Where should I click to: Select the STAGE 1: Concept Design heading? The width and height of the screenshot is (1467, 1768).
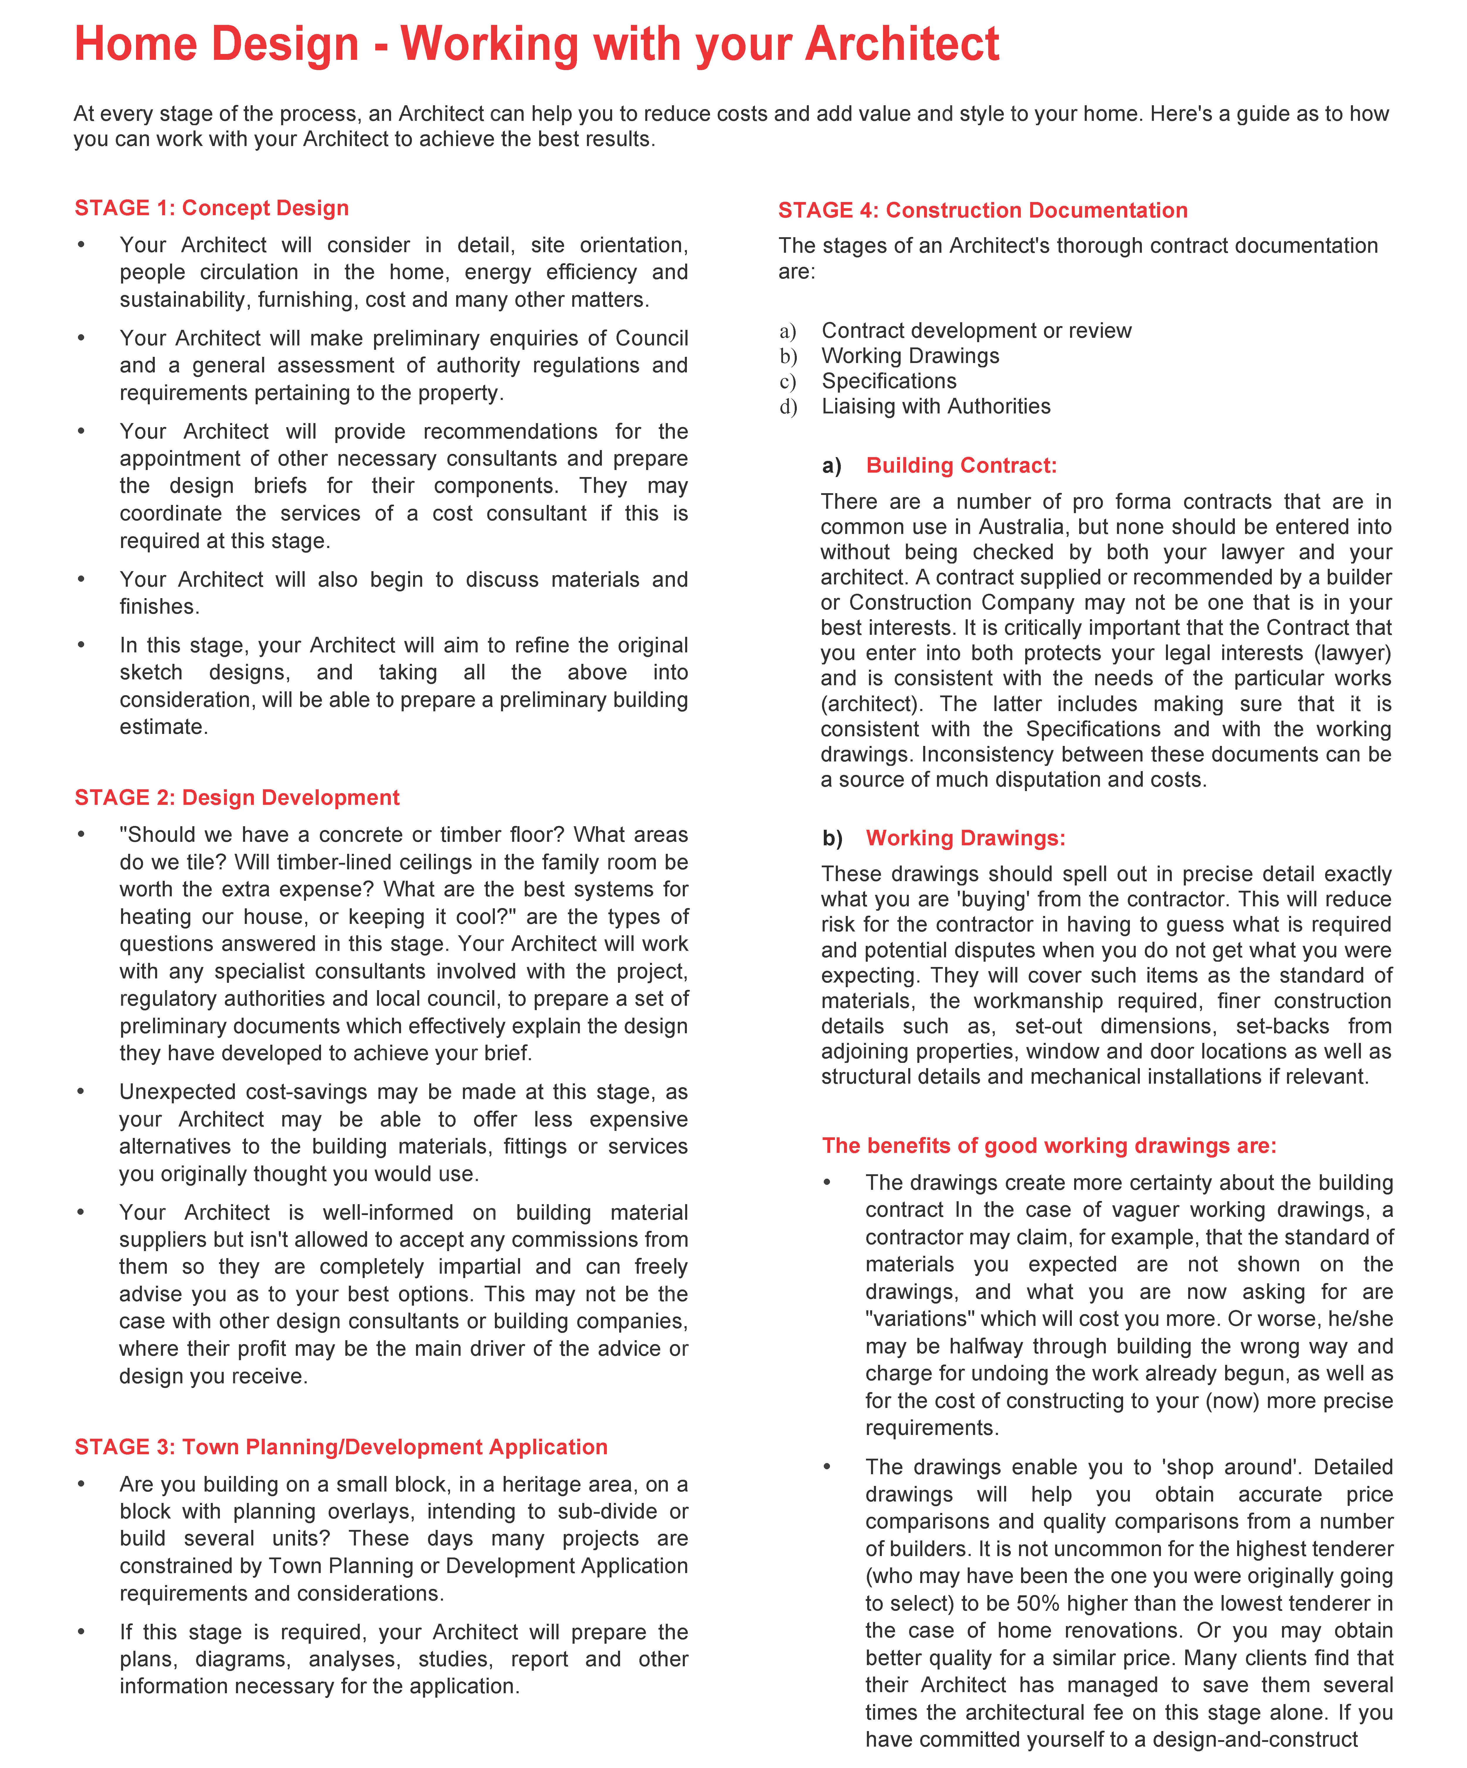point(211,208)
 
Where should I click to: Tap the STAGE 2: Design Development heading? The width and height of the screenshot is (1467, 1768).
point(237,797)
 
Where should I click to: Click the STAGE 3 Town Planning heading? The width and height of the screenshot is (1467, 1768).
point(341,1446)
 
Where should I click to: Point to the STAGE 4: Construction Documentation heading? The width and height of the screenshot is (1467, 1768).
point(982,211)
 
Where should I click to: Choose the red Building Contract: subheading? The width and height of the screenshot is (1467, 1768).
point(961,466)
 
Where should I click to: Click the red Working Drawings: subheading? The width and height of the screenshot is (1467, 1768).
point(965,838)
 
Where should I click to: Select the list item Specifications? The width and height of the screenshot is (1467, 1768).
point(889,381)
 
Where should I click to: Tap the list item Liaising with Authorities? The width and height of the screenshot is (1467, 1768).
point(936,407)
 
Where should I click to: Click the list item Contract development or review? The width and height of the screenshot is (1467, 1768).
point(976,331)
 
